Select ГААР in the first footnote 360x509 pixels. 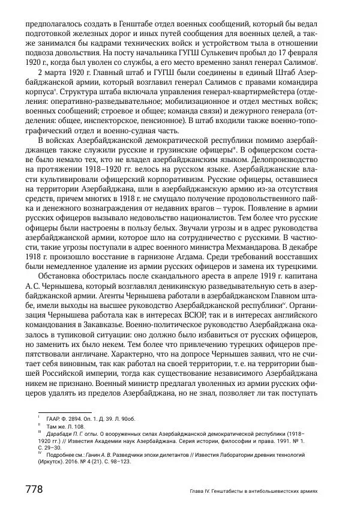tap(55, 417)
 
